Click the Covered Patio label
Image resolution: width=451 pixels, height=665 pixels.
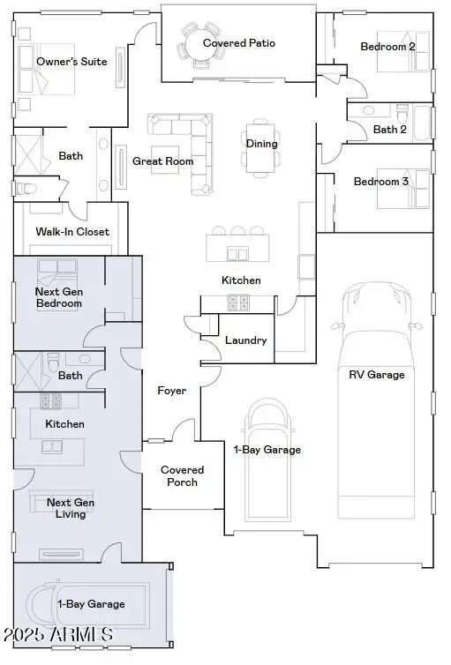coord(239,43)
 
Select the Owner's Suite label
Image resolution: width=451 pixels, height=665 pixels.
coord(71,62)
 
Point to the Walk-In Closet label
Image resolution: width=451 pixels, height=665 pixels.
coord(72,232)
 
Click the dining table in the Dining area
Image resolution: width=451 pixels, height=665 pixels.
coord(260,147)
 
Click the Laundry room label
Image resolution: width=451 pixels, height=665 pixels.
coord(245,340)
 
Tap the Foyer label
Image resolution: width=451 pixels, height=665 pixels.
coord(171,391)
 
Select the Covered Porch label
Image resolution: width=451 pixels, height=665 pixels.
coord(182,476)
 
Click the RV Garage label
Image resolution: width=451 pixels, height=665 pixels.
coord(376,375)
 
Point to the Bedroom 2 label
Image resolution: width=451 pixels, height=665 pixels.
coord(387,47)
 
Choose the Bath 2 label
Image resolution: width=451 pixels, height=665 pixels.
coord(389,130)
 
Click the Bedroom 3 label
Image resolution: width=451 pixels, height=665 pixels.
coord(380,182)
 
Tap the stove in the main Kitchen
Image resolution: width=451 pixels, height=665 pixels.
coord(238,303)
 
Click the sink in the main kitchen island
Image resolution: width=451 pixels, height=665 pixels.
coord(237,254)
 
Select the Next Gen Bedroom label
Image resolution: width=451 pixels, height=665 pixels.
coord(59,297)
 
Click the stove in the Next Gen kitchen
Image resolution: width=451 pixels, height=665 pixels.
coord(51,401)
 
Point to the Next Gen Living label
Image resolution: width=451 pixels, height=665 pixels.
coord(71,508)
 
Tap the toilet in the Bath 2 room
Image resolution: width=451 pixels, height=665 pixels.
coord(402,113)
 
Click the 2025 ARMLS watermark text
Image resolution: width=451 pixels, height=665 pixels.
coord(58,634)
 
